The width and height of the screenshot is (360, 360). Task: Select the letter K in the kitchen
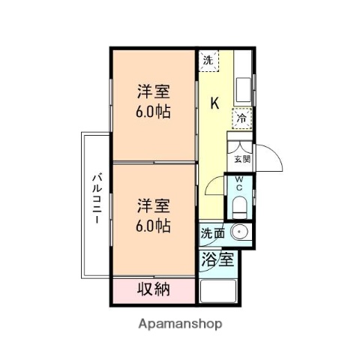(214, 103)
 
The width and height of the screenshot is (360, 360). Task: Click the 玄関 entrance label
(242, 159)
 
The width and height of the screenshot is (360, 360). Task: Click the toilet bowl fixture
(239, 202)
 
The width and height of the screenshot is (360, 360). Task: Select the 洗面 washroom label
(211, 233)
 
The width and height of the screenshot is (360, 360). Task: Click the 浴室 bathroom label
(218, 261)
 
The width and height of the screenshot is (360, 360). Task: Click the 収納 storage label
(154, 289)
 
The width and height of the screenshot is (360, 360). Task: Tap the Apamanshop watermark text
(179, 325)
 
